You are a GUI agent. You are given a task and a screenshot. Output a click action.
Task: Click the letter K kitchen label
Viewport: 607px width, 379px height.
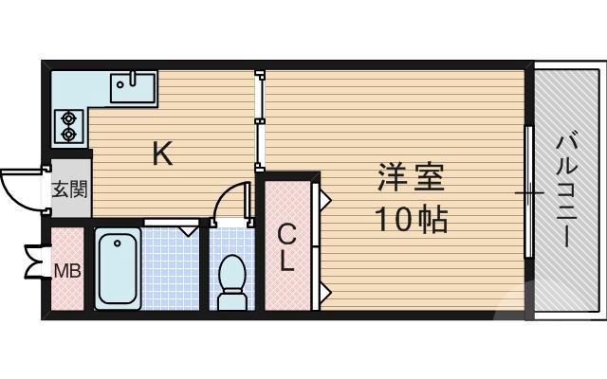click(x=163, y=154)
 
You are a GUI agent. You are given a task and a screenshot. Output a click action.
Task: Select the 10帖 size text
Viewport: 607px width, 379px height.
click(x=410, y=220)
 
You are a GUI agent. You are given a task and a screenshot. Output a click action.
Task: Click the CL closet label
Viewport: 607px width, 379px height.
click(x=287, y=246)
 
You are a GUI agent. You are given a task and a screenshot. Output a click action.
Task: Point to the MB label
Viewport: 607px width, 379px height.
click(x=66, y=272)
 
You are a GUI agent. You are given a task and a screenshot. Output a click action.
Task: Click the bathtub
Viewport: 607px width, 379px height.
click(x=118, y=269)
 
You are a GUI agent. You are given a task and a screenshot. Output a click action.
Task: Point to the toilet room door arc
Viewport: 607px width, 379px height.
click(x=228, y=202)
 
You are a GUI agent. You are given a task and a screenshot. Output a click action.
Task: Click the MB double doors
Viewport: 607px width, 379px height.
click(x=36, y=262)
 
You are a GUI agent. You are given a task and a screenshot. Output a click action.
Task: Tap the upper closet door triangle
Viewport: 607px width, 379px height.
click(x=322, y=200)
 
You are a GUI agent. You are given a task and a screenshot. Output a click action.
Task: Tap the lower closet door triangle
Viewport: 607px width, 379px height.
click(x=322, y=287)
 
